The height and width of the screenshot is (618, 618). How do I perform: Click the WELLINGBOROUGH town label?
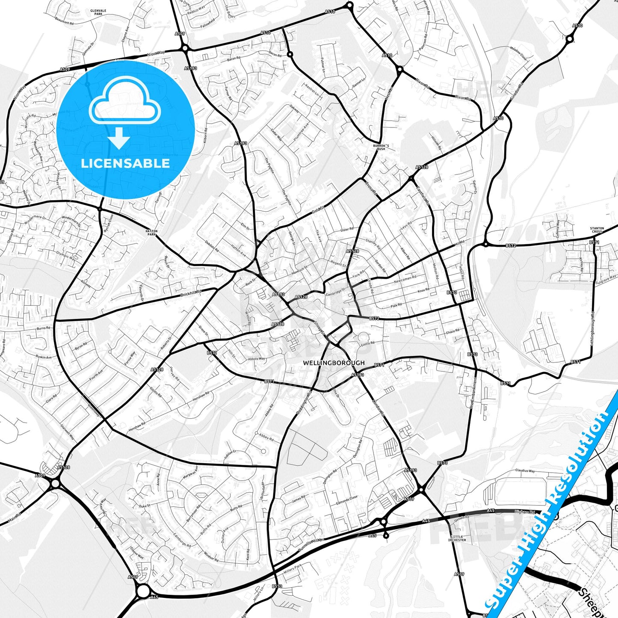click(334, 363)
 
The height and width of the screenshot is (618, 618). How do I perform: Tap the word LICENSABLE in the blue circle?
click(125, 163)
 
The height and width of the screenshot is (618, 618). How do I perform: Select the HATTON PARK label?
click(152, 233)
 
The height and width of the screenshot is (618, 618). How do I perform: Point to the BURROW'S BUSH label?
click(381, 147)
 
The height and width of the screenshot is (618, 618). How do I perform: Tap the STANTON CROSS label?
click(597, 230)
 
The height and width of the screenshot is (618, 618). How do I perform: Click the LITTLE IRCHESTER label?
click(457, 538)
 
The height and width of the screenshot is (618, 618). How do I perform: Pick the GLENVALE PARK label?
click(97, 12)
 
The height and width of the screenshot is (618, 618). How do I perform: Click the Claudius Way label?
click(525, 471)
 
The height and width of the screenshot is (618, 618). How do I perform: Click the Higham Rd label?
click(525, 512)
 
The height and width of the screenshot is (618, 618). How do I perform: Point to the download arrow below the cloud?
click(119, 138)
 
